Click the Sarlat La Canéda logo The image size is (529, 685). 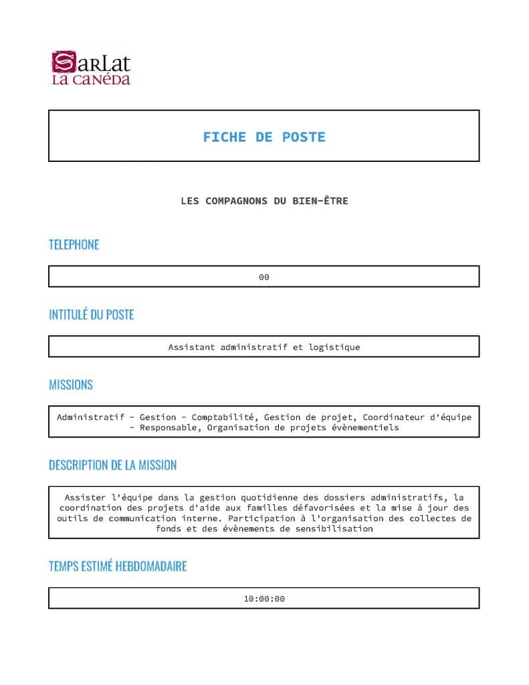91,68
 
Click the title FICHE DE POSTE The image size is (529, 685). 264,137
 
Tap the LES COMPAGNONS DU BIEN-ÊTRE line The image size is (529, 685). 264,201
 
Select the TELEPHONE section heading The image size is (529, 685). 74,245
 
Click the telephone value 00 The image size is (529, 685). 264,277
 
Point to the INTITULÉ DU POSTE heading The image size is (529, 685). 91,314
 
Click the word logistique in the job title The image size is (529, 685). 334,347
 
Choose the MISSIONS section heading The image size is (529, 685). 70,385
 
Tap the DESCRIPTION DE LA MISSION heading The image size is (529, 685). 112,465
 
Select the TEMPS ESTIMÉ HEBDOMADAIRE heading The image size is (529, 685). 118,566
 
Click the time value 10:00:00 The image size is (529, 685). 264,599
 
